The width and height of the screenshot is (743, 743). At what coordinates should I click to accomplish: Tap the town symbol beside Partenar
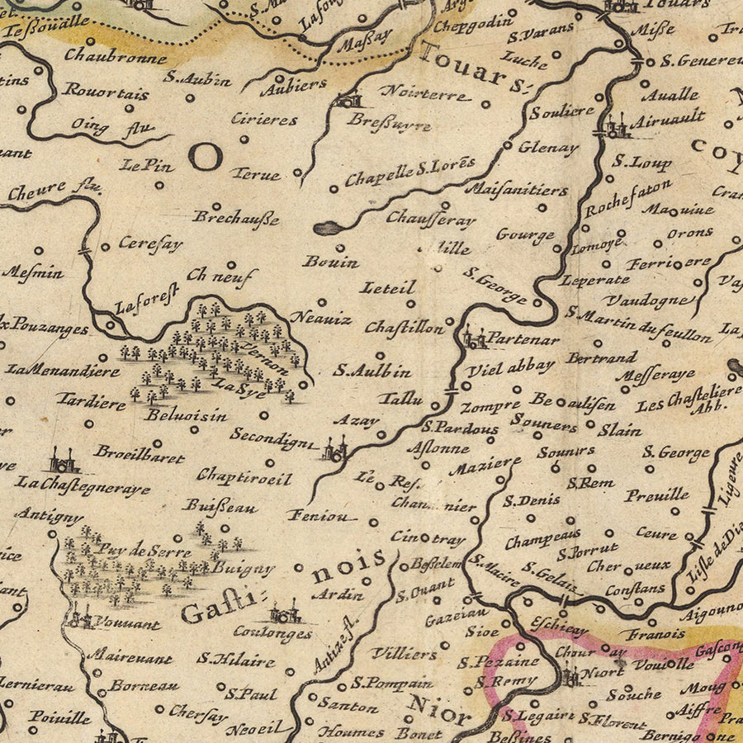473,338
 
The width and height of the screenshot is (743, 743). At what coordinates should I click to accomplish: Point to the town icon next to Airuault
614,127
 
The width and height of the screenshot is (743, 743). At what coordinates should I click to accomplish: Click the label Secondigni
273,437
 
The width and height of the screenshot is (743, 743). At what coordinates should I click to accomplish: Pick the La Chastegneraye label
83,485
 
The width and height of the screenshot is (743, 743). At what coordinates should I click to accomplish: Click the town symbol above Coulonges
284,613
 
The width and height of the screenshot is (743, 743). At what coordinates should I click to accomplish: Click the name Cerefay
149,244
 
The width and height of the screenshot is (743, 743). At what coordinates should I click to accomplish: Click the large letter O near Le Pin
205,154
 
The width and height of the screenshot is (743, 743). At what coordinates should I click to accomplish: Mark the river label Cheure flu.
54,192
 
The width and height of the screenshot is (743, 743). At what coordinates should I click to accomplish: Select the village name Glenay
548,148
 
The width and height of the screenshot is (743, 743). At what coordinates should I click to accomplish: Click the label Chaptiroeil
244,476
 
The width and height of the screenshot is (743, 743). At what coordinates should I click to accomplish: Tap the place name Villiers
404,654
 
